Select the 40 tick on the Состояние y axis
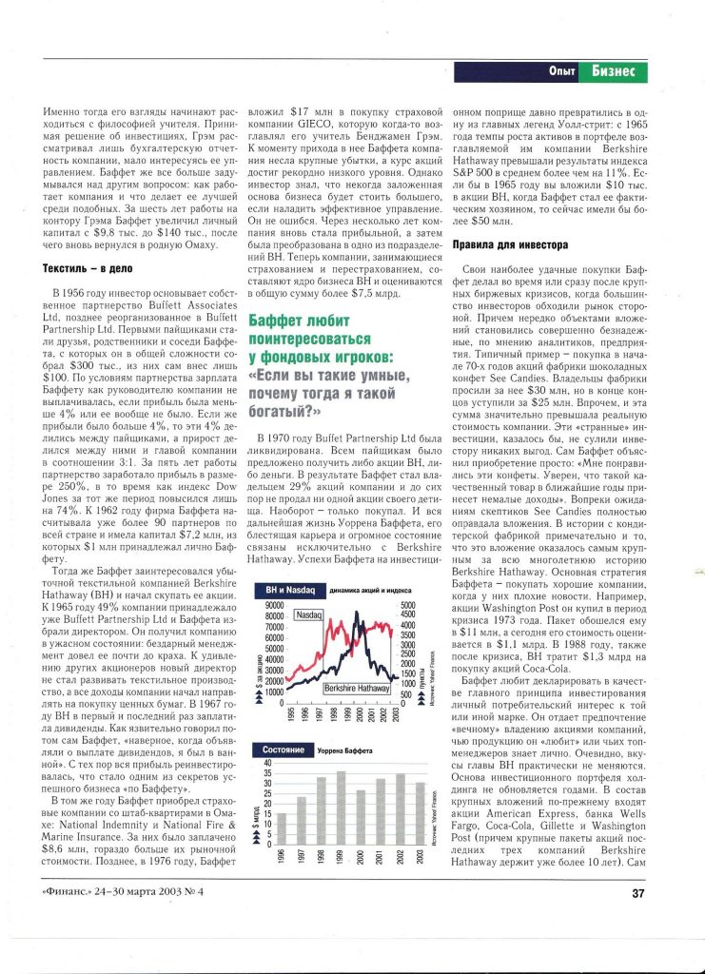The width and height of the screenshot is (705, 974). [x=267, y=764]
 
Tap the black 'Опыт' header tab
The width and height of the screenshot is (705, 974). [x=560, y=72]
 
